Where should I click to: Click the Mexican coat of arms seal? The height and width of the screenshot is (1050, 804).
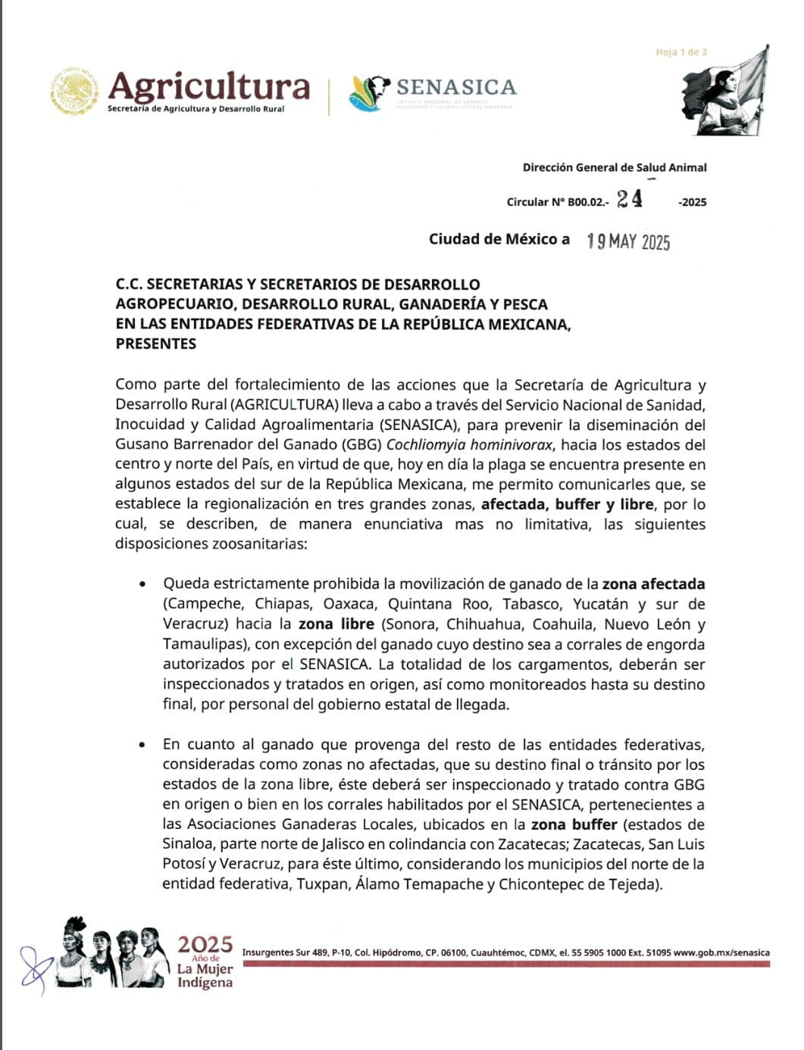point(74,92)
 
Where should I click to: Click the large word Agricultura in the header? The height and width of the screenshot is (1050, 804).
point(209,87)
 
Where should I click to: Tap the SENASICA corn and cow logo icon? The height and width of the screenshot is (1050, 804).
point(369,92)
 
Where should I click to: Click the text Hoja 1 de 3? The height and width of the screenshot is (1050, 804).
point(681,52)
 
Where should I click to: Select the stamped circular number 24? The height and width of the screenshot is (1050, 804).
point(630,198)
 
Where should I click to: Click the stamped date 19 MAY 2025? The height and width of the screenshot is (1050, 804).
point(629,241)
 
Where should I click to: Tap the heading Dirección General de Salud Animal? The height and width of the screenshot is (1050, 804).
point(615,167)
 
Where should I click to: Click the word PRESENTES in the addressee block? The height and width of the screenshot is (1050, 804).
point(155,344)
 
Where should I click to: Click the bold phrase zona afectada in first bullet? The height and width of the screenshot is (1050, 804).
point(653,584)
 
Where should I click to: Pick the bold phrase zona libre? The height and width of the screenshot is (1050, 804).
point(336,624)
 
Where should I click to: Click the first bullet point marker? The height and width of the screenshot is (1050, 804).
point(142,584)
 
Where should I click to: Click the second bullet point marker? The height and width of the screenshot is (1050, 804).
point(142,745)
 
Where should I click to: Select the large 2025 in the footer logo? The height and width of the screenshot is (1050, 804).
point(205,944)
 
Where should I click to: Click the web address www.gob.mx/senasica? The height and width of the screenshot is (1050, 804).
point(721,952)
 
